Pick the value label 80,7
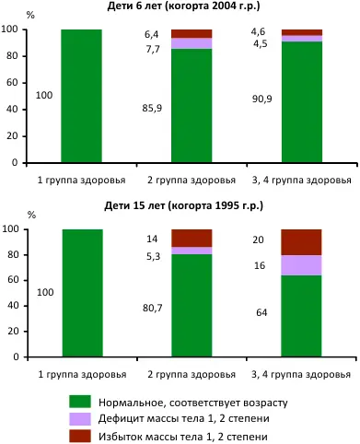click(x=152, y=298)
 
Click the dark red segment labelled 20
click(x=301, y=241)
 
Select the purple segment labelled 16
click(x=301, y=265)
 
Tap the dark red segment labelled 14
click(x=192, y=238)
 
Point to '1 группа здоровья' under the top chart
click(x=81, y=180)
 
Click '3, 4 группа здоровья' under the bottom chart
click(x=301, y=380)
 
